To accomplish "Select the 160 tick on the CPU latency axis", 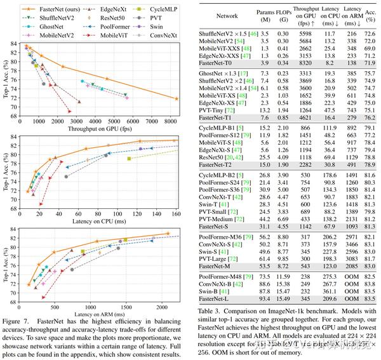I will [x=176, y=214].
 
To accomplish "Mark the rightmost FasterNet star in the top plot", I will [x=176, y=98].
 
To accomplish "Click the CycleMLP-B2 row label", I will [x=216, y=175].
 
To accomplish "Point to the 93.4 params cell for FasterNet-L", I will [x=265, y=298].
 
